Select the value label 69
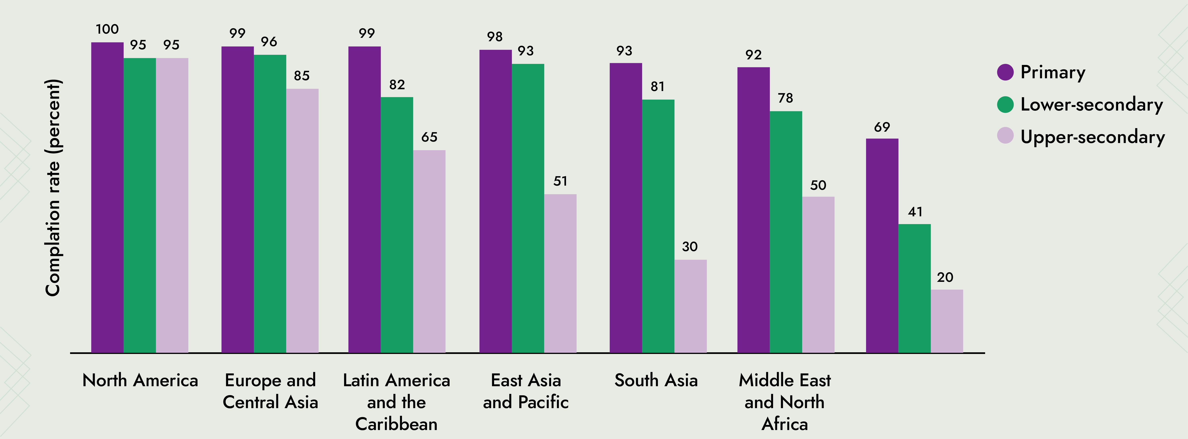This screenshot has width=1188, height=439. pos(882,127)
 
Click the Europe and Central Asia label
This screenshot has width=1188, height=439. pos(270,391)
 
